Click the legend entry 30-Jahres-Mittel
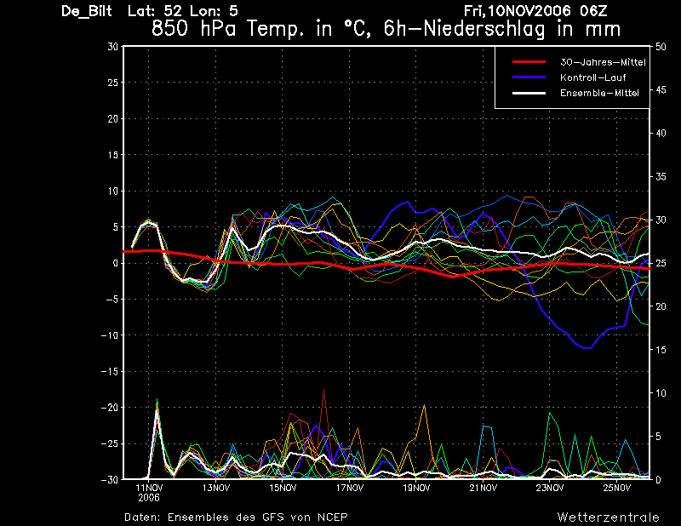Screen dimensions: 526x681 pos(603,62)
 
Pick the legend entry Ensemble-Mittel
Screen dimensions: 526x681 pos(599,93)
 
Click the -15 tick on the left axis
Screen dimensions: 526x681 pos(111,372)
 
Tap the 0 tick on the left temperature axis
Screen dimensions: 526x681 pos(115,264)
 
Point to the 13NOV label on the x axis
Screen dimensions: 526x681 pos(216,488)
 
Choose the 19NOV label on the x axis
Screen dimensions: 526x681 pos(416,488)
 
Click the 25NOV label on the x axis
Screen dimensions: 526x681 pos(616,488)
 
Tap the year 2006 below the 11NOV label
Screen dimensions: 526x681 pos(149,497)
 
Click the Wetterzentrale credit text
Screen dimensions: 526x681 pos(608,516)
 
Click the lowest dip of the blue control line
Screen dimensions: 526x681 pos(585,347)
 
